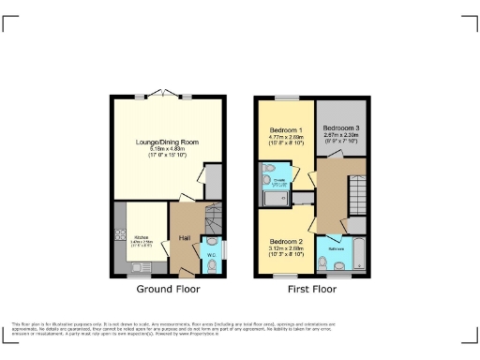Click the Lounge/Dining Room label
167,142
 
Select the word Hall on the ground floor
185,238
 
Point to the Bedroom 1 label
286,129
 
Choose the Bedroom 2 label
286,240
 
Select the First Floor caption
311,290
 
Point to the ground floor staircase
214,222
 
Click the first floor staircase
356,197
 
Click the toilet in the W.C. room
212,264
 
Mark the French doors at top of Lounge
167,96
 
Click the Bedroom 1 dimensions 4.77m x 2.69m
286,137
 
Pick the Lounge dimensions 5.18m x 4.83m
167,149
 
